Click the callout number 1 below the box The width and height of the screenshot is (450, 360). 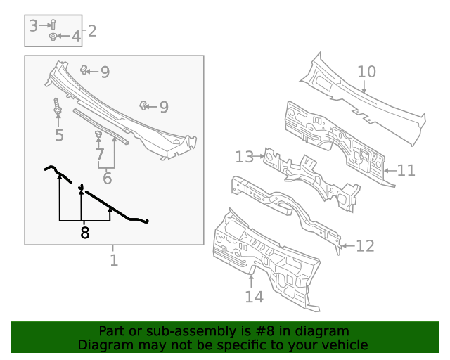coord(113,261)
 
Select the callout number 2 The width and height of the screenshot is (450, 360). coord(91,31)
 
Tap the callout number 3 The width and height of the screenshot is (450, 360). coord(34,26)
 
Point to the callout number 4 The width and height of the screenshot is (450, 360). coord(76,36)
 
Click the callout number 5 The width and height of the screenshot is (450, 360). coord(59,135)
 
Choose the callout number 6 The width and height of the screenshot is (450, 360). coord(107,179)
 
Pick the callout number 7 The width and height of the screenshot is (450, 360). coord(99,154)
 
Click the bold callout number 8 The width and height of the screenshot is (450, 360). coord(85,233)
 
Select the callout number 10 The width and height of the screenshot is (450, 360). coord(367,72)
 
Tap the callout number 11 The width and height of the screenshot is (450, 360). coord(406,170)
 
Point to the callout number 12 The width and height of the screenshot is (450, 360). coord(365,245)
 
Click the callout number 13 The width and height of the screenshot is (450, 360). coord(243,157)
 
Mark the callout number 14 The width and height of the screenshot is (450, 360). coord(254,297)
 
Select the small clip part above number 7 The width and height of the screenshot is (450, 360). coord(98,134)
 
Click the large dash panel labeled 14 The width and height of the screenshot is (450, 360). coord(267,260)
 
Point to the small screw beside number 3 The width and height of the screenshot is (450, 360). coord(53,25)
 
